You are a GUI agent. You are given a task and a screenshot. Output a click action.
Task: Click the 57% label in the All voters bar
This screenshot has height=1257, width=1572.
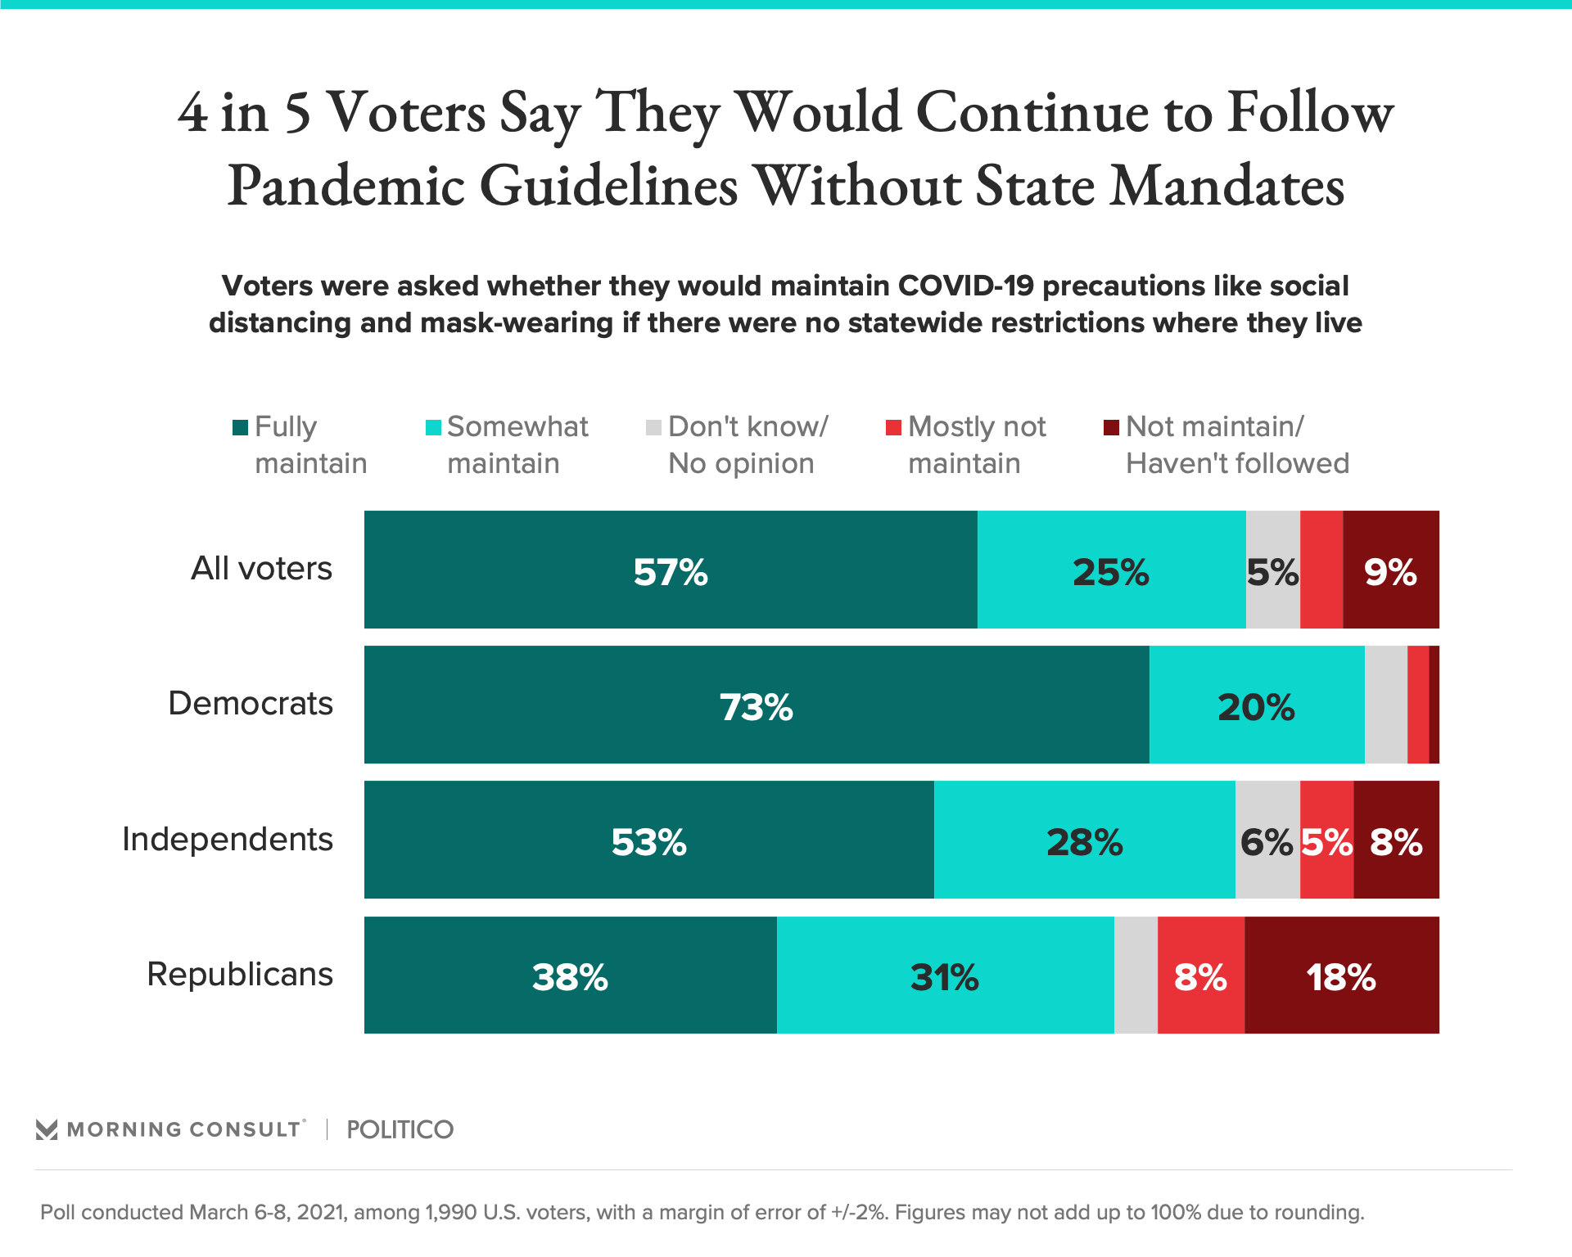click(671, 572)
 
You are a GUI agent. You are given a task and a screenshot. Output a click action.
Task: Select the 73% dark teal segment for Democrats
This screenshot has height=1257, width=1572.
click(757, 705)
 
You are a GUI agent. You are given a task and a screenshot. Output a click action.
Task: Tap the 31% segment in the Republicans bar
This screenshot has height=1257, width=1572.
click(945, 975)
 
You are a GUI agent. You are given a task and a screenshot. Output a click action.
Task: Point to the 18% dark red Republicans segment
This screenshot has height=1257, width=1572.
click(1341, 975)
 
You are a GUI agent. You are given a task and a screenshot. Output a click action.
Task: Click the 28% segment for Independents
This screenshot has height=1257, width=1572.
click(1084, 840)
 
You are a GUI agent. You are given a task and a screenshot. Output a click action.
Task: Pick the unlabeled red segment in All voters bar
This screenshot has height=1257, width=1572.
click(1321, 570)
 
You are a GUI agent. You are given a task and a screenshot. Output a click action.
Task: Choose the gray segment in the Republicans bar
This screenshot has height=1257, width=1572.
click(1136, 975)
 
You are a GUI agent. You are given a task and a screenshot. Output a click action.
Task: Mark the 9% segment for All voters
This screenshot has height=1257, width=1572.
click(1390, 570)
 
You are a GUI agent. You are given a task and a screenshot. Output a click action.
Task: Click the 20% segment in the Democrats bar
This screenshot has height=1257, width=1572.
click(1257, 705)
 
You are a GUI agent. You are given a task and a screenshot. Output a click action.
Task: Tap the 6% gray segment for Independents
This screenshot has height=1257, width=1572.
click(1267, 840)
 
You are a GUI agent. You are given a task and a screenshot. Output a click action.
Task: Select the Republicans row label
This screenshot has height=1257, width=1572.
click(240, 975)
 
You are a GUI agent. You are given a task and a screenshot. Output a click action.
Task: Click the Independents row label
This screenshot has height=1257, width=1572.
click(228, 840)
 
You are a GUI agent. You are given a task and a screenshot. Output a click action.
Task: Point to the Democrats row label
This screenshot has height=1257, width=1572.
click(251, 704)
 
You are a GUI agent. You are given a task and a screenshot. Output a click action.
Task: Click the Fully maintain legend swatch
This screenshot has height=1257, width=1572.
click(241, 428)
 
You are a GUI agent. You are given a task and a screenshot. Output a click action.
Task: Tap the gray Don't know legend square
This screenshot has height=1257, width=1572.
click(653, 428)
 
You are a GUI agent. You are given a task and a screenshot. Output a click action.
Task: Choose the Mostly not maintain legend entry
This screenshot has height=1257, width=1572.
click(966, 444)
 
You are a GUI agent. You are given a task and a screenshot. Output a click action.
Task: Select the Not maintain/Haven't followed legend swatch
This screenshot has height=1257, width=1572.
click(1111, 428)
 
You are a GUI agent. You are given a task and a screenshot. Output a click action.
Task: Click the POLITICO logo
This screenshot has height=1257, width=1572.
click(400, 1130)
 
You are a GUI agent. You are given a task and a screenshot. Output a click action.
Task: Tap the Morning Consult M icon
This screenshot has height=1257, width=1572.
click(47, 1130)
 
